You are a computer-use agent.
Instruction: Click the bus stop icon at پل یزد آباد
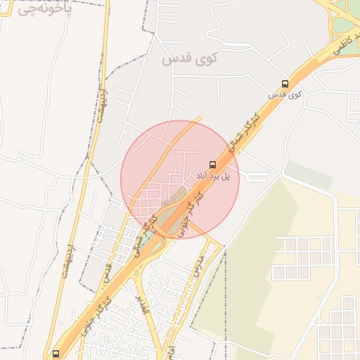tap(213, 164)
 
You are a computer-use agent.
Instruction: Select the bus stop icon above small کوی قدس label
tap(284, 83)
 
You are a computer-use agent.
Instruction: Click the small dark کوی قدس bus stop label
tap(285, 94)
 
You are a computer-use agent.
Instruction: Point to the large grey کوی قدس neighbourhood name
tap(190, 59)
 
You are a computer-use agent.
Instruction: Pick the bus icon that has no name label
tap(56, 353)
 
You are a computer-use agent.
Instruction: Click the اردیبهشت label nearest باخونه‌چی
tap(102, 102)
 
